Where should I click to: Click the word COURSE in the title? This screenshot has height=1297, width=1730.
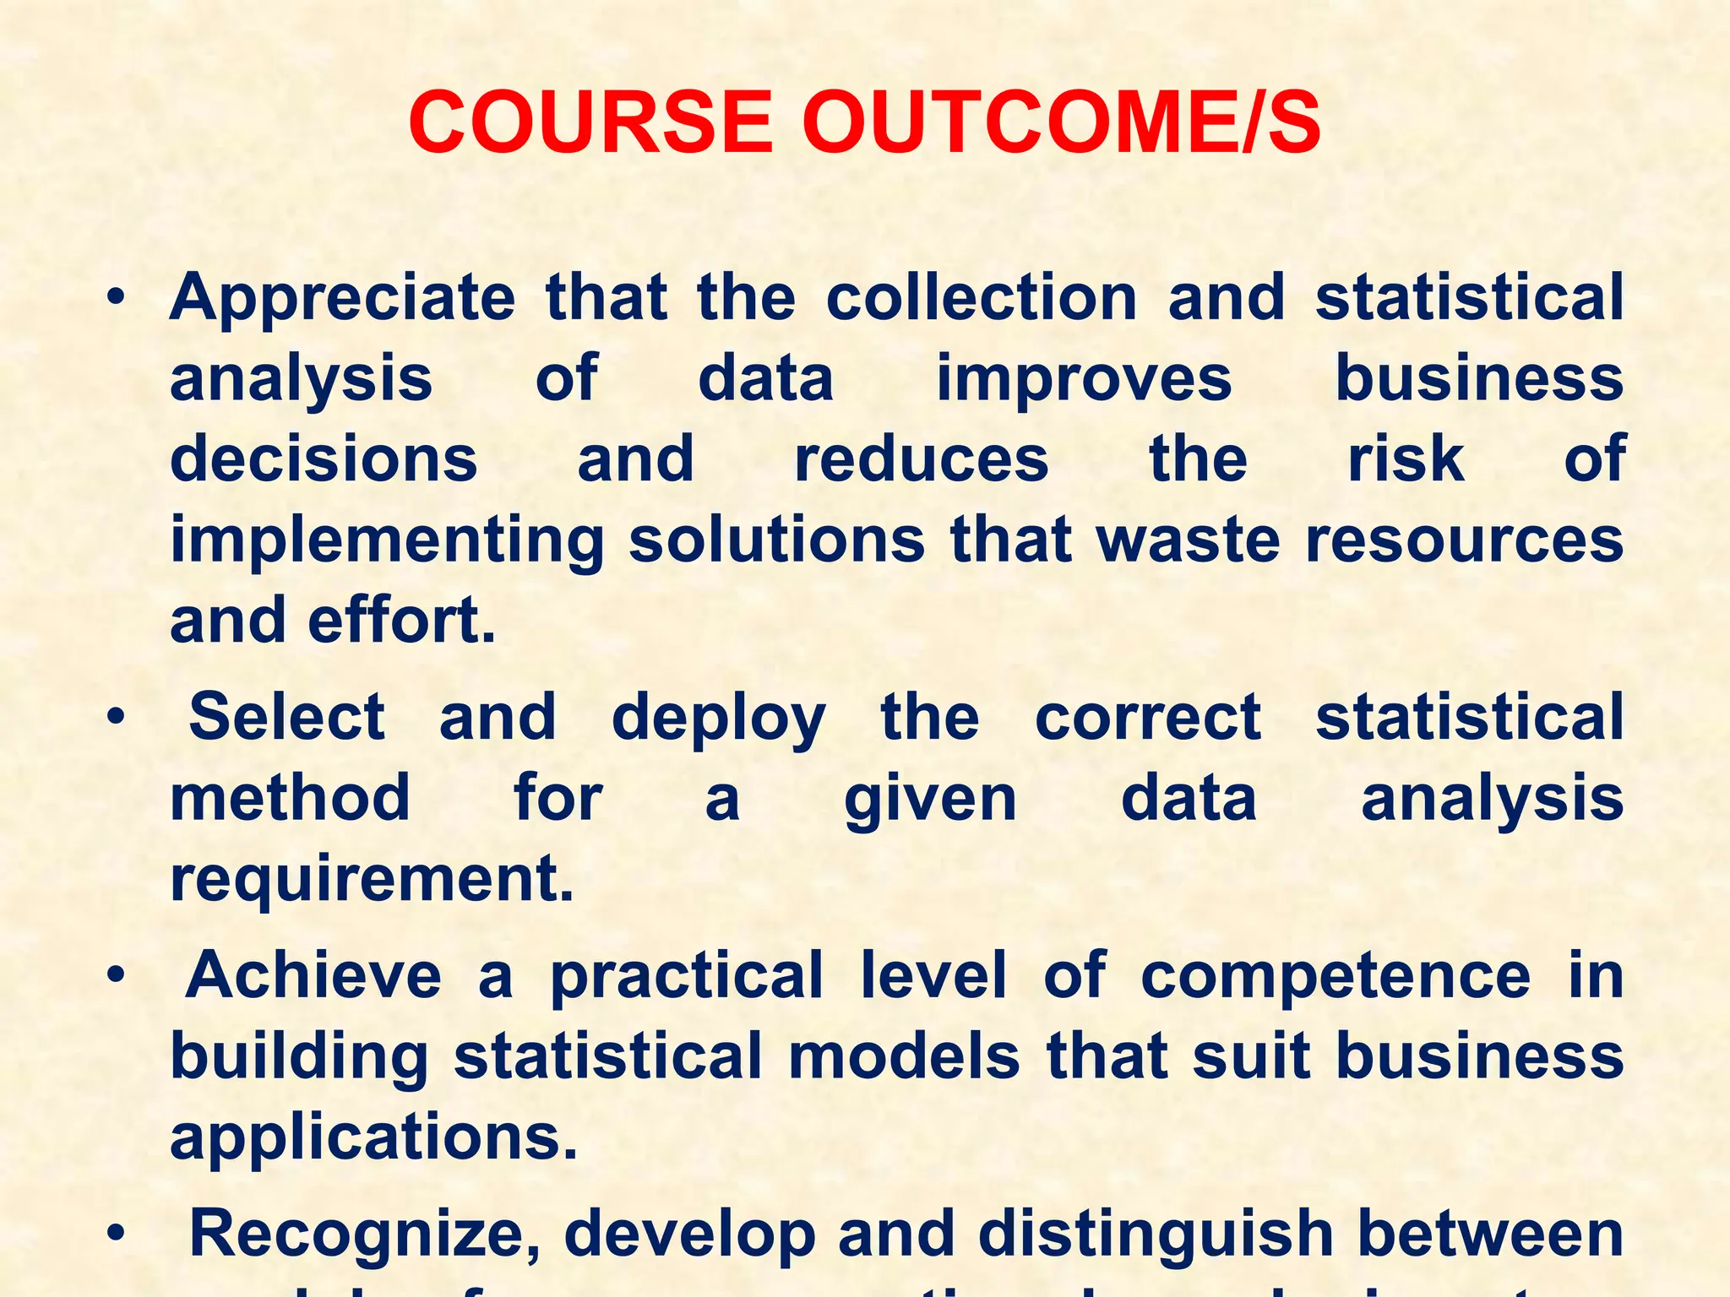click(590, 123)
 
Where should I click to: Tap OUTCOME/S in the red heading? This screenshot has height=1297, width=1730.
click(1061, 123)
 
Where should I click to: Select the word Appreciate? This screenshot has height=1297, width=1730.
click(342, 299)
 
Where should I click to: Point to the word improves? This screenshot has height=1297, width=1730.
click(1084, 380)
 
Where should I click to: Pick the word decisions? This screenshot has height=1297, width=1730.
click(324, 459)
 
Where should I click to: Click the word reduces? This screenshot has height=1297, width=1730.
click(921, 459)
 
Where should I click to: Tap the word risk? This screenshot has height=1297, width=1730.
click(1406, 459)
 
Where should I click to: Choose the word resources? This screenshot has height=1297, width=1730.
click(1464, 540)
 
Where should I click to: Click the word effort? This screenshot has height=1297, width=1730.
click(401, 621)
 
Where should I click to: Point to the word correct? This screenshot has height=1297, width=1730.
click(1148, 718)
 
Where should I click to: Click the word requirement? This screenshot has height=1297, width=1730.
click(372, 880)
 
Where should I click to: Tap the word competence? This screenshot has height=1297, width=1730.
click(1336, 976)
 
